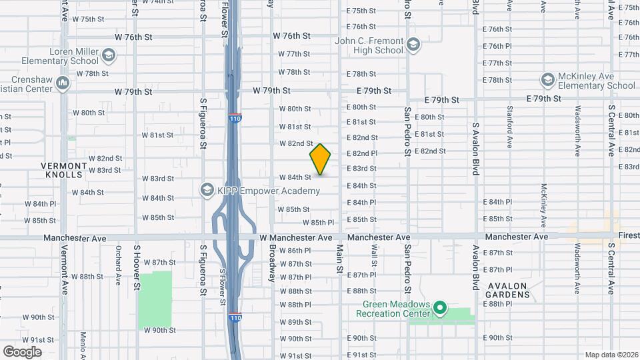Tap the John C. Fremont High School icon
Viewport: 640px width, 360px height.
pos(413,45)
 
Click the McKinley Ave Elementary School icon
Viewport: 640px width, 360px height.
pos(548,80)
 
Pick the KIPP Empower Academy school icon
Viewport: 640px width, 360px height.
pos(207,191)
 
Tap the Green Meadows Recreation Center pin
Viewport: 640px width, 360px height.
pos(439,309)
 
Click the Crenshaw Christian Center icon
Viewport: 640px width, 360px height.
pos(63,83)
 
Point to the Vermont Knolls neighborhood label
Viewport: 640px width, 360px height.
pos(63,170)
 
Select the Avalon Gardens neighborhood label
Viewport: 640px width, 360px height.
pos(508,290)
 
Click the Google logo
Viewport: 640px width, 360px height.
pos(22,351)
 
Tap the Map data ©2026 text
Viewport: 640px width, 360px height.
pos(611,355)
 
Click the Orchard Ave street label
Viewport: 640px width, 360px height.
pos(118,262)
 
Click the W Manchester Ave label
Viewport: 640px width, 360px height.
pos(295,237)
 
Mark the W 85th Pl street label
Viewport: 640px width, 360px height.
pos(318,223)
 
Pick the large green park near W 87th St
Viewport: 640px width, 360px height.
pos(155,300)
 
